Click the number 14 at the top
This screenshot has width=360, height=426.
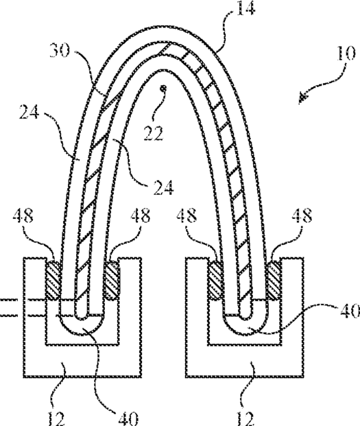click(245, 8)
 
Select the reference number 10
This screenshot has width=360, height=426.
click(346, 53)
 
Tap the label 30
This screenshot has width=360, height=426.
click(60, 50)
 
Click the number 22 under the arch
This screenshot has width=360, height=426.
click(154, 133)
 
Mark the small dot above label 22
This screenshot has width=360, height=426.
click(163, 88)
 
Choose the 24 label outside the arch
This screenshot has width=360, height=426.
click(29, 112)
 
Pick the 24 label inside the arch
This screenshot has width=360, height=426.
click(163, 188)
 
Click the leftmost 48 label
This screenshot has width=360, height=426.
click(23, 216)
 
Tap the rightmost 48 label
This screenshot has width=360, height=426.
click(302, 216)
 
